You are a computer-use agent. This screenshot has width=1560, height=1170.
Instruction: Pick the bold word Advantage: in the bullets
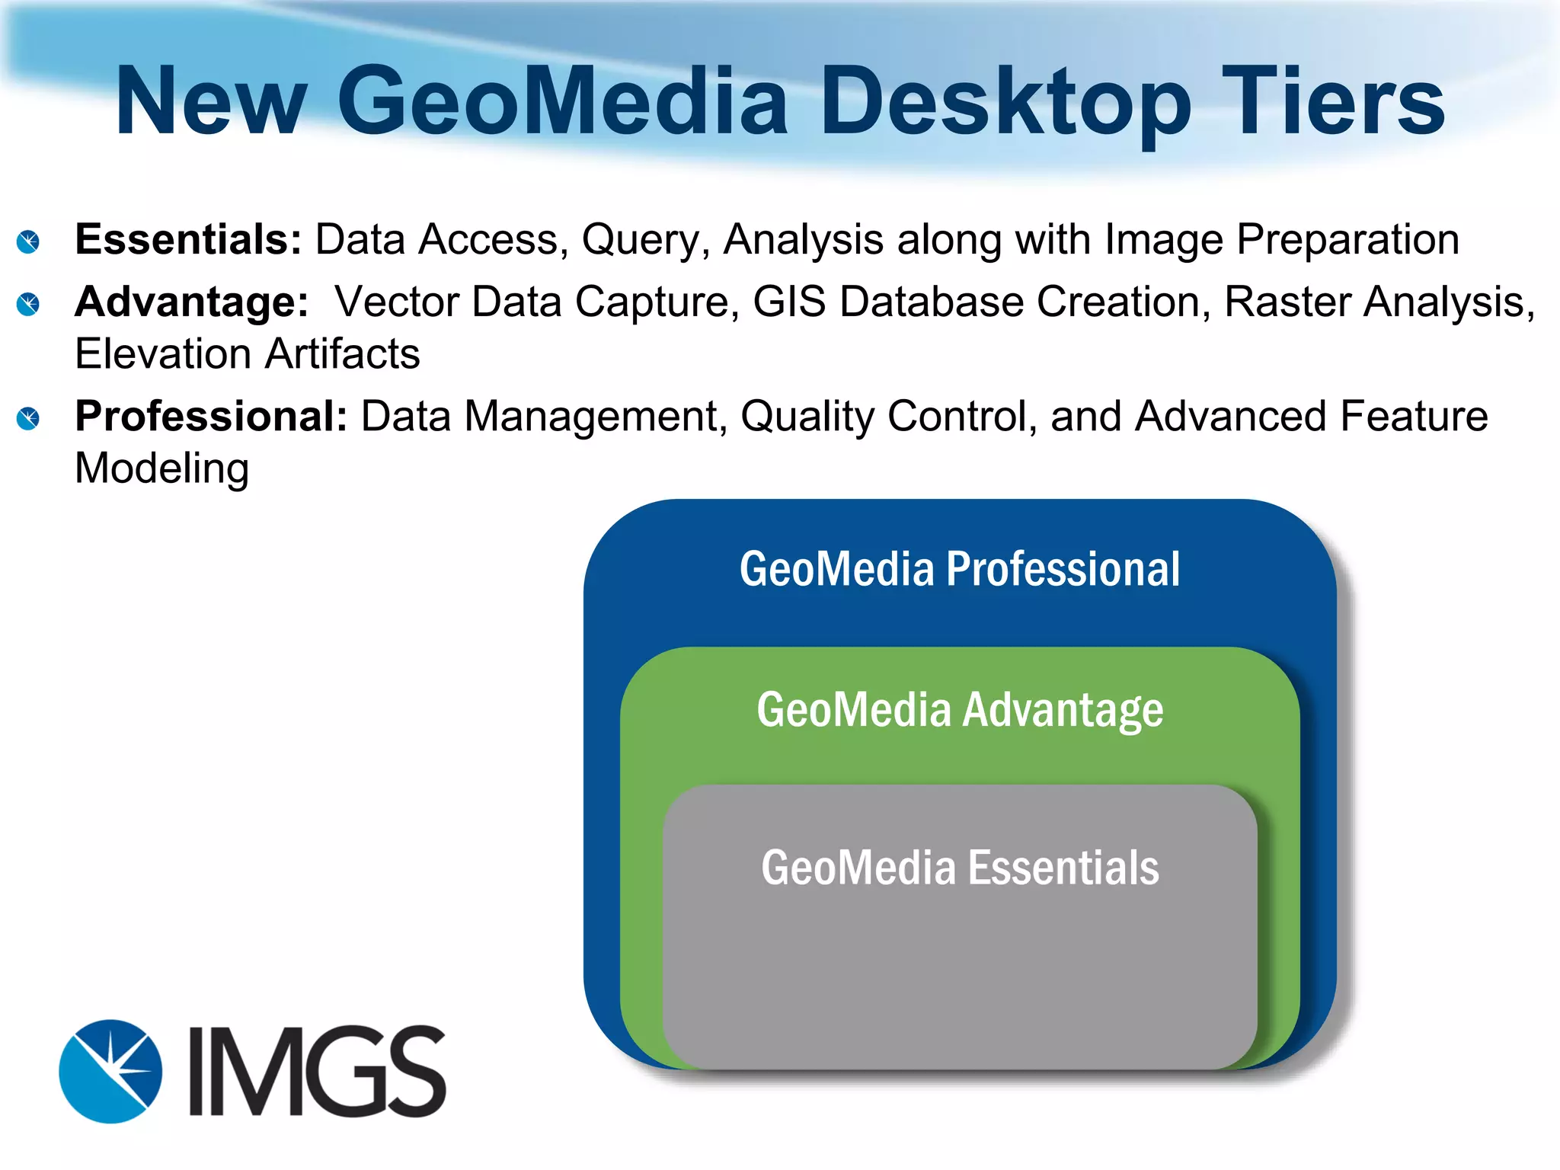[x=191, y=302]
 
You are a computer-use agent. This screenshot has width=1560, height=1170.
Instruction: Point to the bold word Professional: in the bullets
[x=211, y=417]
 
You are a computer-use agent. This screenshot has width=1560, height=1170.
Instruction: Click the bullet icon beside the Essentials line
[x=28, y=242]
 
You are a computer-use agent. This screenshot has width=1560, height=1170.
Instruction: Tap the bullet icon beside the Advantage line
[x=28, y=305]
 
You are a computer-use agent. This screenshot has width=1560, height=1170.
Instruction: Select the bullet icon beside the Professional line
[x=28, y=418]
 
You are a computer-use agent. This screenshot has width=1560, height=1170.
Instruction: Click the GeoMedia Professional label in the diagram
[x=960, y=569]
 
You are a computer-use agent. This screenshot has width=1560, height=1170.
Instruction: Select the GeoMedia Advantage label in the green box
[x=960, y=710]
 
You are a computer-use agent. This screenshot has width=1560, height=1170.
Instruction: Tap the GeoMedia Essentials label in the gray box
[x=960, y=868]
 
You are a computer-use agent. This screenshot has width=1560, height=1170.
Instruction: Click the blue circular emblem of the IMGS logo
[x=110, y=1071]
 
